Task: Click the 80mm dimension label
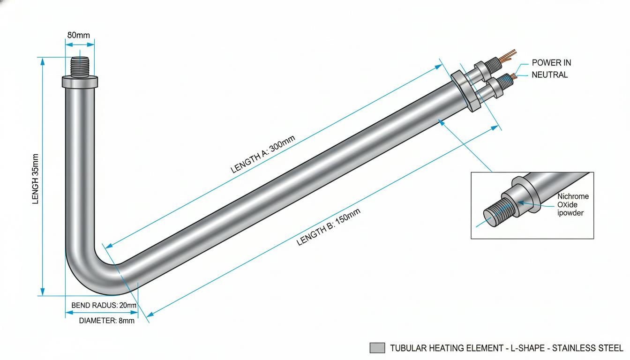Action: pyautogui.click(x=78, y=35)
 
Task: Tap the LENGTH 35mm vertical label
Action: pyautogui.click(x=35, y=179)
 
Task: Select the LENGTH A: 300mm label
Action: pyautogui.click(x=262, y=154)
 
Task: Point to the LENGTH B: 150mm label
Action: pyautogui.click(x=329, y=227)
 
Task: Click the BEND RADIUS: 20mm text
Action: pyautogui.click(x=104, y=305)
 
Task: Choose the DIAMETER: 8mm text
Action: pyautogui.click(x=106, y=321)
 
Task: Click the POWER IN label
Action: pyautogui.click(x=551, y=63)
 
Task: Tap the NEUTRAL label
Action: pyautogui.click(x=549, y=75)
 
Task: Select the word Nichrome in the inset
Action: pyautogui.click(x=573, y=196)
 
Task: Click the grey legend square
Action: pyautogui.click(x=377, y=348)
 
